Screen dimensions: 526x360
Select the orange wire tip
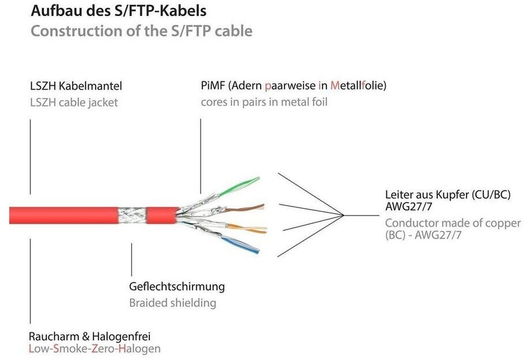(x=262, y=229)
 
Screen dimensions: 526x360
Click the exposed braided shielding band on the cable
(x=131, y=215)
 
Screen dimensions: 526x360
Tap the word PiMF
(x=213, y=87)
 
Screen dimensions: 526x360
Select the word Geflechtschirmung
(x=176, y=287)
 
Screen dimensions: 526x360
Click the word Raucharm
(x=52, y=336)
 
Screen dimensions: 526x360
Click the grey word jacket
(x=103, y=103)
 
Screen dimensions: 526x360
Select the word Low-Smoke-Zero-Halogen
(x=95, y=349)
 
